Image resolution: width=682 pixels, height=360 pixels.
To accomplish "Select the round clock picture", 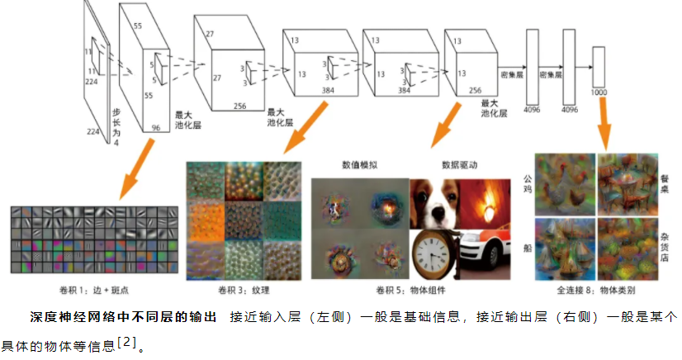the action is click(434, 252).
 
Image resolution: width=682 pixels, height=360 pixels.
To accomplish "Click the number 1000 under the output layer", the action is click(599, 92).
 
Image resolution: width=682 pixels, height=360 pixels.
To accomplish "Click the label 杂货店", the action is click(665, 246).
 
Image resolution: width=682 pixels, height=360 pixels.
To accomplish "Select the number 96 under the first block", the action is click(155, 128).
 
